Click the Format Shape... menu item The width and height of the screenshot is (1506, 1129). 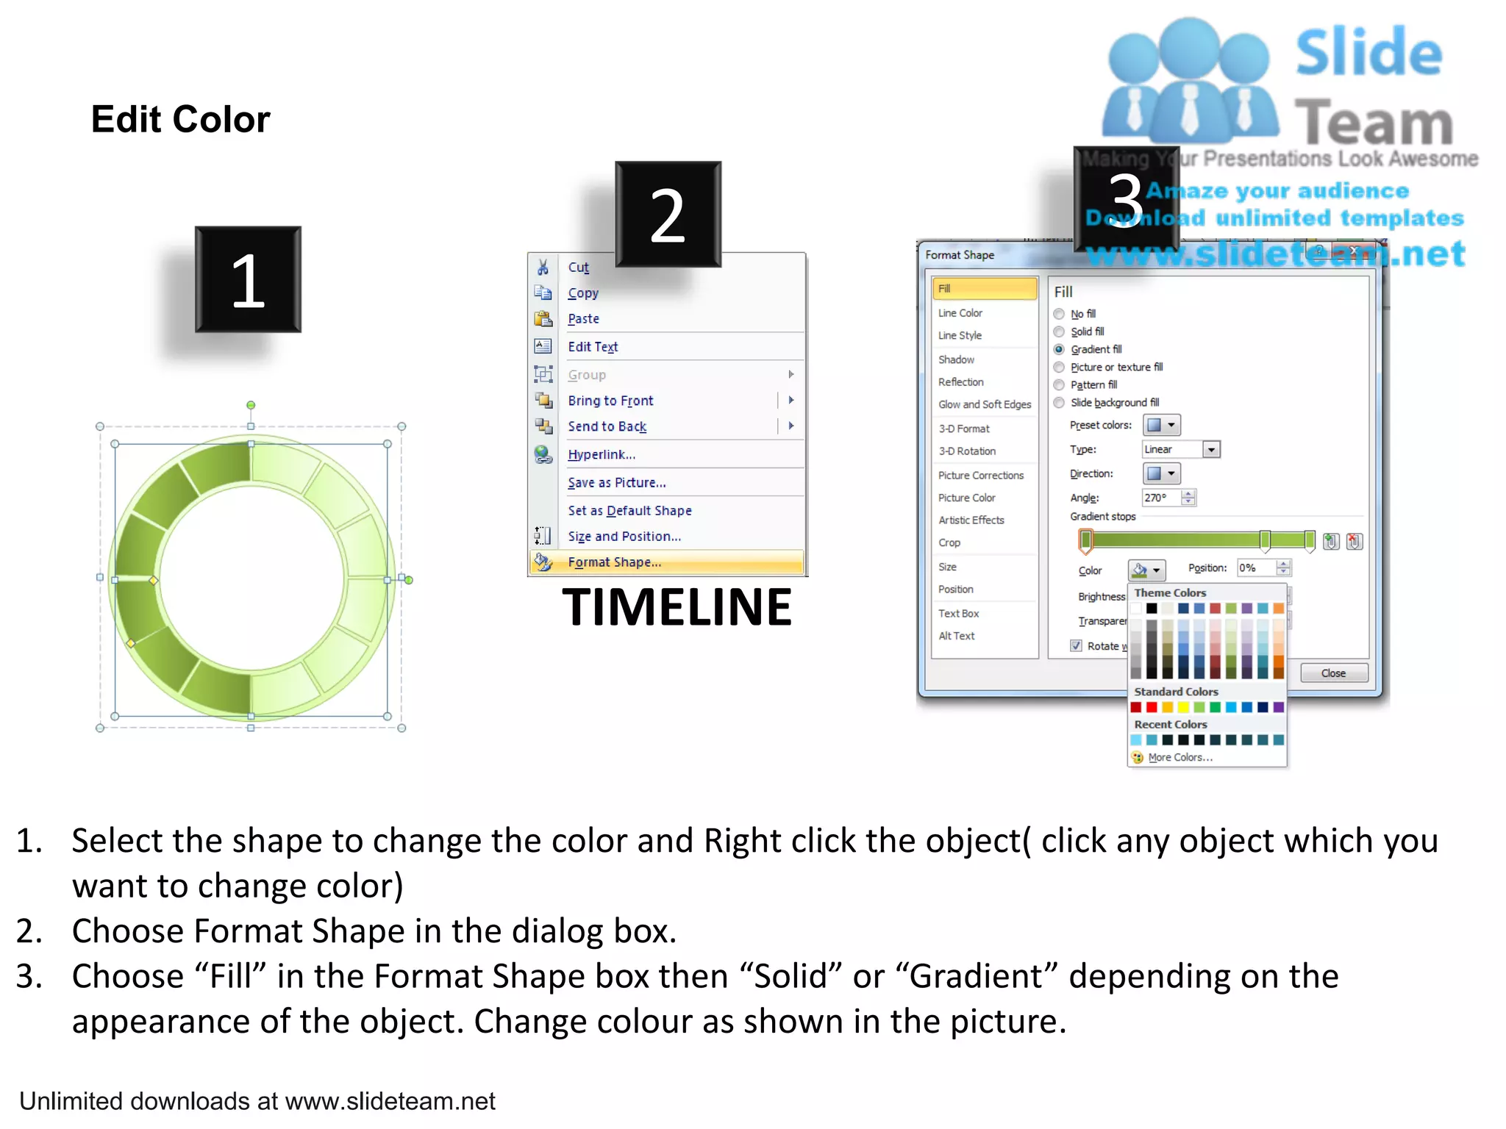(614, 562)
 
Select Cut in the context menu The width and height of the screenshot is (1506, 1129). (578, 268)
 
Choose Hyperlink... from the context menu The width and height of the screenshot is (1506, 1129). (601, 455)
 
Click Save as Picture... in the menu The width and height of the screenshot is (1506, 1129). (616, 483)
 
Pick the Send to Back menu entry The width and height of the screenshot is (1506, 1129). (607, 427)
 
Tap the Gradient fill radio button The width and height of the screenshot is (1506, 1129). (1059, 349)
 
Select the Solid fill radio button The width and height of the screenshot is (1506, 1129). (1059, 331)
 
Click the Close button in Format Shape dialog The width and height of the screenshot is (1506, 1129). (1333, 673)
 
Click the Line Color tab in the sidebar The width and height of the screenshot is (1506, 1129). (960, 313)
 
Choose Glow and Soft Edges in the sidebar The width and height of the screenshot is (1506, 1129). (984, 405)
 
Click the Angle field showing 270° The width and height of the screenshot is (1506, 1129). (1160, 498)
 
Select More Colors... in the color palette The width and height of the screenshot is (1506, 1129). (1180, 758)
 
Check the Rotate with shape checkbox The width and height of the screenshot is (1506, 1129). (1077, 646)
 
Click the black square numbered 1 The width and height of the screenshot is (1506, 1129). (248, 280)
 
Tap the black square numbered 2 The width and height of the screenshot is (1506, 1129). (668, 215)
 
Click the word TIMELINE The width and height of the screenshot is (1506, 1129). (677, 608)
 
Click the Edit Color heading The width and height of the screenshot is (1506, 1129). (181, 119)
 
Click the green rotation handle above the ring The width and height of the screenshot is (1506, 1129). (251, 405)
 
